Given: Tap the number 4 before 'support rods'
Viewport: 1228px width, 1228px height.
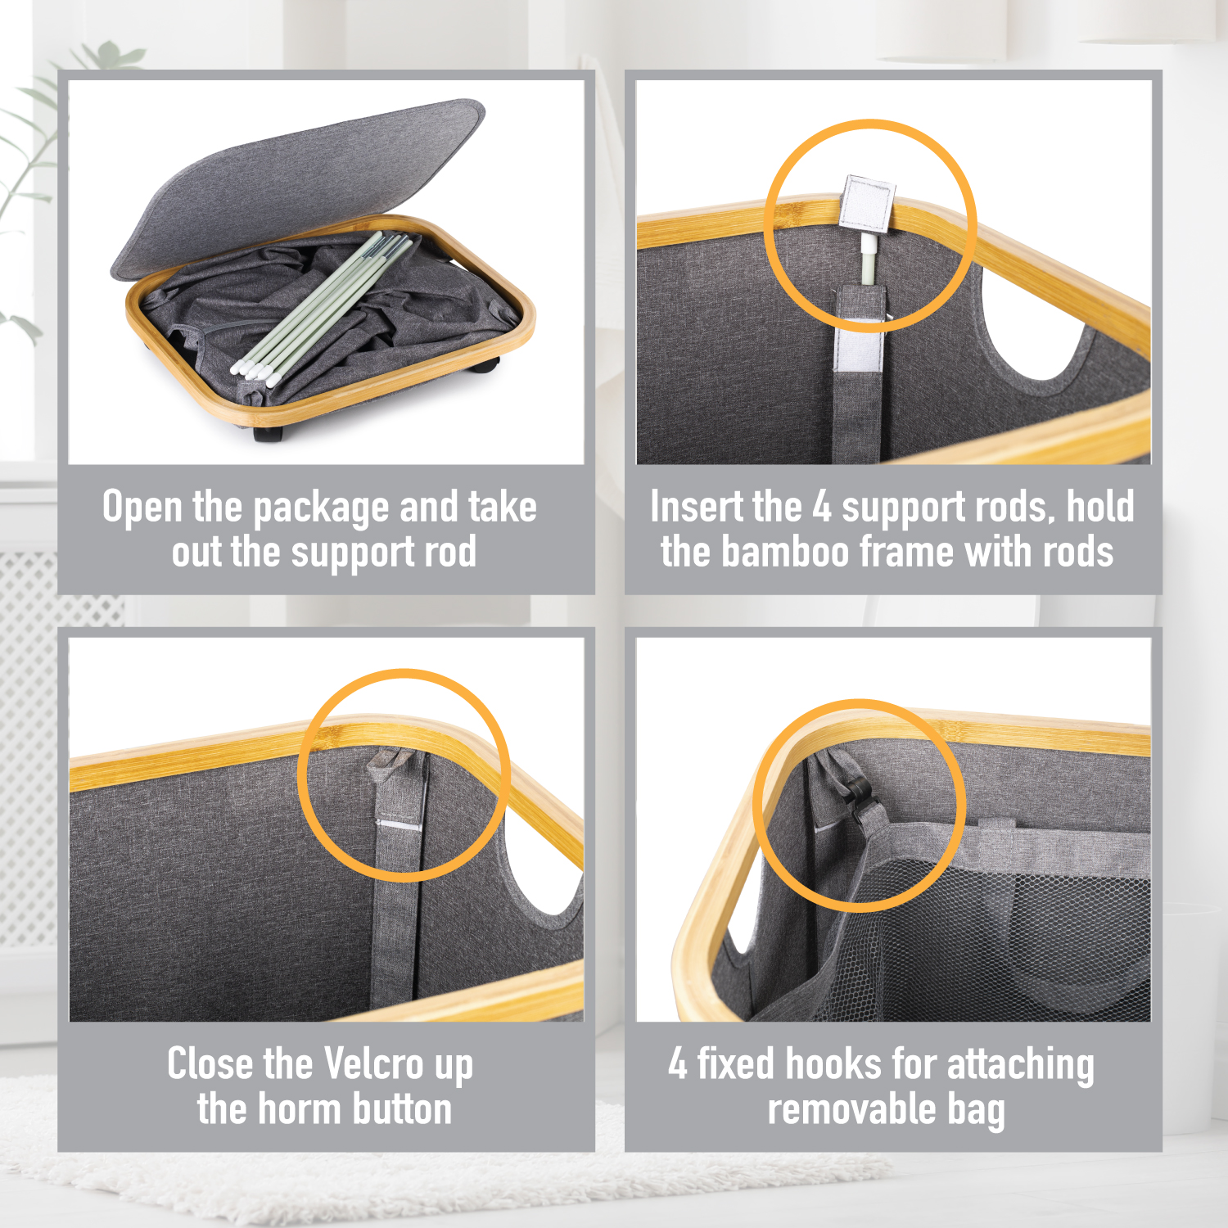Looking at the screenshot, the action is pos(822,507).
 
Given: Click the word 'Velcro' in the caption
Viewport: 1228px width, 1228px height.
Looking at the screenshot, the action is pos(374,1064).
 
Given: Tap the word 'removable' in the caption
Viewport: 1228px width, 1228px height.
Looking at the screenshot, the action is pos(851,1109).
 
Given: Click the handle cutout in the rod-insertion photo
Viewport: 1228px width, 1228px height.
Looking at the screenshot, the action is pos(1033,323).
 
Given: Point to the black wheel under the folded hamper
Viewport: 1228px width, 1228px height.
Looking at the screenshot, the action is pos(484,366).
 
